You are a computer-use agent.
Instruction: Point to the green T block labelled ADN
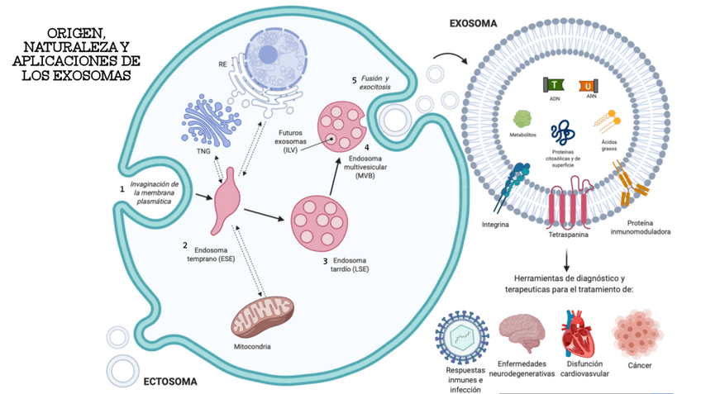554,85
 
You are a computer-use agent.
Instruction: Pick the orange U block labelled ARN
589,85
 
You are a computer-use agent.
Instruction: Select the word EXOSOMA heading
473,24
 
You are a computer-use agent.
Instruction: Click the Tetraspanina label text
567,235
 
